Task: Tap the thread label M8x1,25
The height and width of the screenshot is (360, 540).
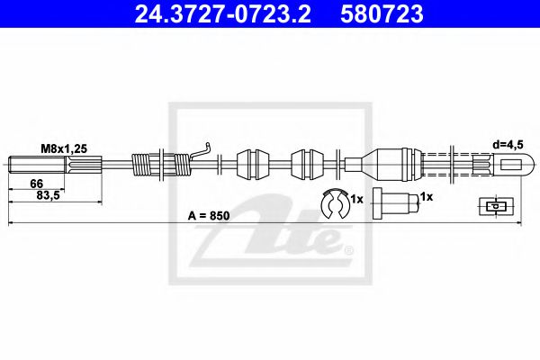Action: (62, 148)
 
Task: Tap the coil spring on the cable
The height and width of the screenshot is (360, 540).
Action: (162, 165)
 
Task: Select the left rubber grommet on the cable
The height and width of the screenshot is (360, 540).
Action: (252, 165)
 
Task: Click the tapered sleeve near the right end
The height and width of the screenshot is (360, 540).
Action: (382, 164)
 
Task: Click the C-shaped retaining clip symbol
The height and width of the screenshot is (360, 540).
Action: (335, 205)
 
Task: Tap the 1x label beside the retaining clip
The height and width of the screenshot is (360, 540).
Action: (356, 197)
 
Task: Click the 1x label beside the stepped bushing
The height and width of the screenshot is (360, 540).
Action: (427, 196)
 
